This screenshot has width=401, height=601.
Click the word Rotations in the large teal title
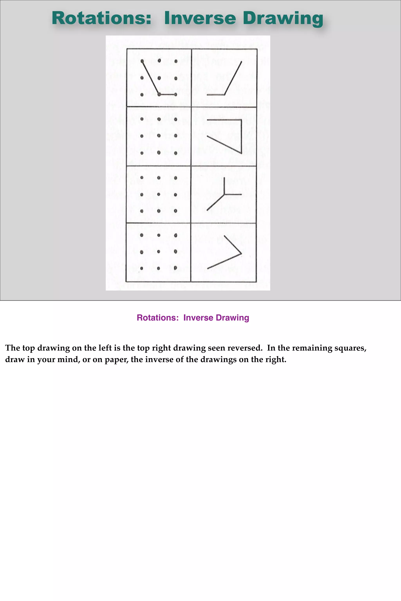click(x=102, y=18)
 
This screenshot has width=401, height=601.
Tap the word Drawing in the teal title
click(x=283, y=19)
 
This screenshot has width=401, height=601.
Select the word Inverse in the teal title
click(x=200, y=18)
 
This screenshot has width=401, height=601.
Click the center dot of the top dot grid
click(x=159, y=78)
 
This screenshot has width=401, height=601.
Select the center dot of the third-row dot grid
click(x=159, y=194)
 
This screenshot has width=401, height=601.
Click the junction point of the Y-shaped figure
click(x=224, y=194)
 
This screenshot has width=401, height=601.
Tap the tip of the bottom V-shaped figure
click(x=241, y=254)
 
